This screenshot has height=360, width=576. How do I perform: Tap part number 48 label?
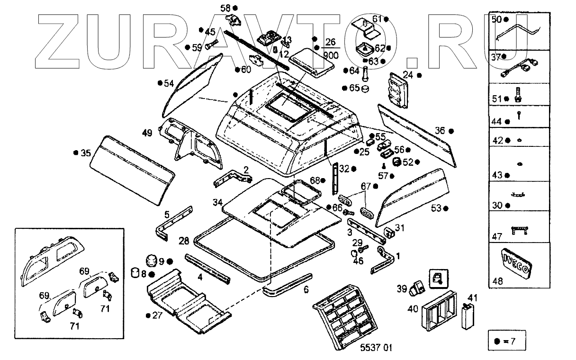point(497,280)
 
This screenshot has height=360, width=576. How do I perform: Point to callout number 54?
point(169,83)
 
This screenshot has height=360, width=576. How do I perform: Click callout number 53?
point(436,207)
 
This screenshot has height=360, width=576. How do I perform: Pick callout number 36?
point(440,131)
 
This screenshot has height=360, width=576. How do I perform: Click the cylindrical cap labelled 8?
point(136,273)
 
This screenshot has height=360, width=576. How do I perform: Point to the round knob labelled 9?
point(151,260)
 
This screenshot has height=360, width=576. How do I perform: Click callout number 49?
point(147,133)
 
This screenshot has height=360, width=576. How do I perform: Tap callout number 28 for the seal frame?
point(184,241)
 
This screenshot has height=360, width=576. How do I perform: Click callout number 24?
point(408,74)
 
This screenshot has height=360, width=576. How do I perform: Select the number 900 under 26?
point(331,55)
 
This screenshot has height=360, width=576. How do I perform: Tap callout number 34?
point(217,203)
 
